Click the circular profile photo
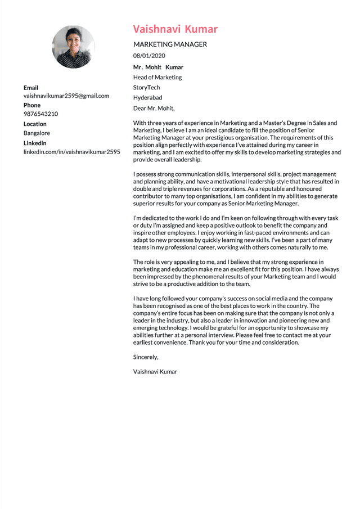click(73, 47)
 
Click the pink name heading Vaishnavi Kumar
click(175, 29)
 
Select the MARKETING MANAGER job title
click(170, 44)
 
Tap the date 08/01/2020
click(149, 56)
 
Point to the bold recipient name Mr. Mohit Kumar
click(158, 67)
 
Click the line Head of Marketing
click(157, 77)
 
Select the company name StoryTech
click(146, 87)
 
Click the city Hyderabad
click(147, 97)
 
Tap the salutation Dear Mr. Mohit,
click(154, 109)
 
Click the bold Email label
click(31, 88)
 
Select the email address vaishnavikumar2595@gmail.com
click(66, 96)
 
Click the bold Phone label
click(32, 105)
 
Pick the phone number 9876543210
click(40, 114)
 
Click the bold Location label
click(35, 124)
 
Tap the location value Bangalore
click(37, 133)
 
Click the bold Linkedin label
click(35, 143)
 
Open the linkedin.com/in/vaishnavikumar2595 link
click(71, 152)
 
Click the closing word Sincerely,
click(146, 357)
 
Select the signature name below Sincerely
click(155, 371)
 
